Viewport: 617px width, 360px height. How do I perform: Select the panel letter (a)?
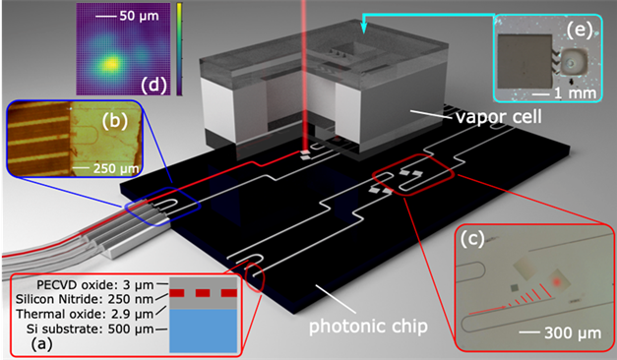pyautogui.click(x=31, y=344)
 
